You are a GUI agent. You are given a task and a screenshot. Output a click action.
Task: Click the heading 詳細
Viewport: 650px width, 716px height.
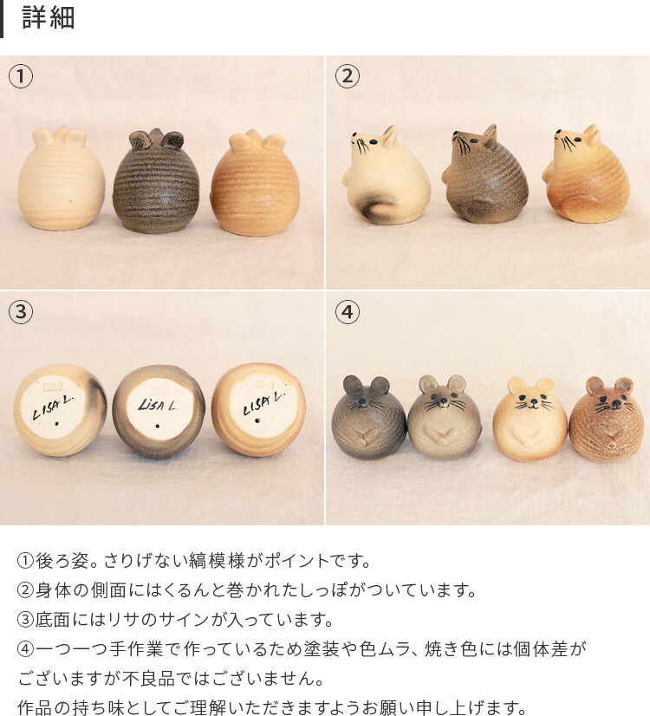pyautogui.click(x=49, y=18)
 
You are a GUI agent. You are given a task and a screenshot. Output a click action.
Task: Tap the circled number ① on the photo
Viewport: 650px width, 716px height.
pyautogui.click(x=21, y=77)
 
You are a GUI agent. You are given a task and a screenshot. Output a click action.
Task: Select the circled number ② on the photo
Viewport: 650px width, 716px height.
pyautogui.click(x=347, y=77)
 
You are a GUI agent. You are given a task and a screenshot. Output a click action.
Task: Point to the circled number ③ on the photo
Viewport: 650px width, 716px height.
pyautogui.click(x=21, y=312)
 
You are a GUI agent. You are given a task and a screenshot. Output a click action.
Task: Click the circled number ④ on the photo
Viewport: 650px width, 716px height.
pyautogui.click(x=347, y=312)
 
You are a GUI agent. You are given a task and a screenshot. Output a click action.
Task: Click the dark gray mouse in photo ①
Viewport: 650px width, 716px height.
pyautogui.click(x=157, y=183)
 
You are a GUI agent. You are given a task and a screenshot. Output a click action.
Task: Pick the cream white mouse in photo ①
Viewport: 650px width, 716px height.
pyautogui.click(x=61, y=179)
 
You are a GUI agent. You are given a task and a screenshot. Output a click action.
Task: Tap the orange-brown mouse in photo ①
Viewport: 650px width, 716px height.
pyautogui.click(x=254, y=184)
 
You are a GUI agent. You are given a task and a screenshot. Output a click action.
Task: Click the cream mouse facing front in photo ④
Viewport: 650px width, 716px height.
pyautogui.click(x=530, y=420)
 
